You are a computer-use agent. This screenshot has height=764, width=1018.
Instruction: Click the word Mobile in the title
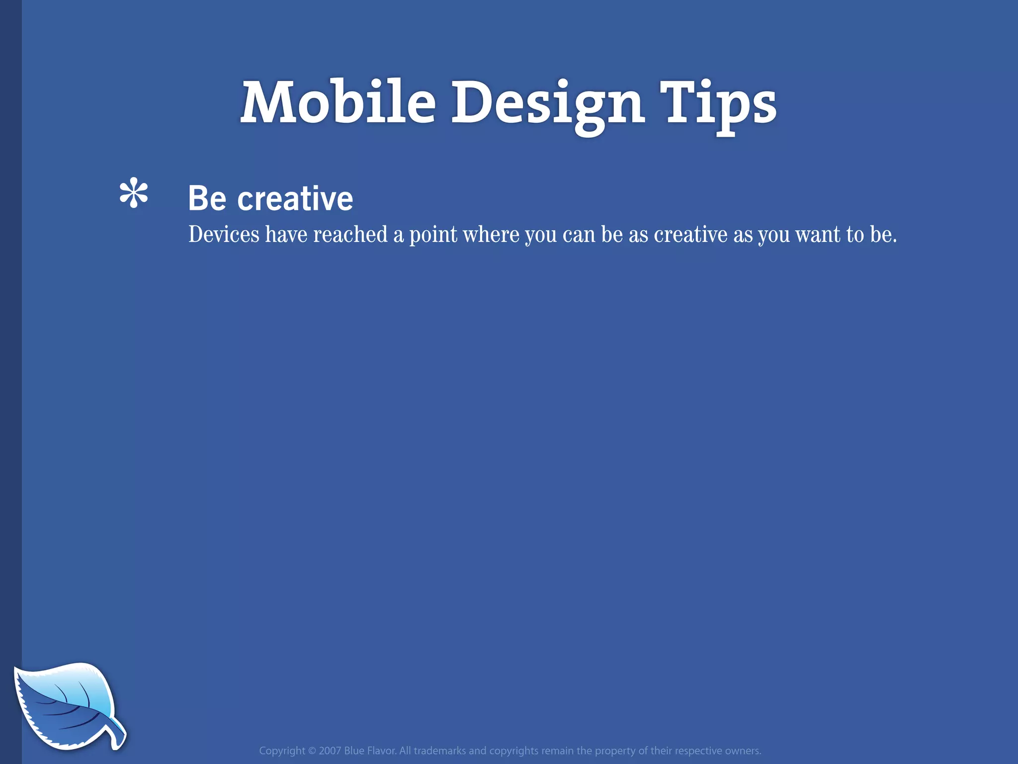(338, 103)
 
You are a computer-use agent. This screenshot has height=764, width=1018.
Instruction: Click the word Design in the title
(548, 104)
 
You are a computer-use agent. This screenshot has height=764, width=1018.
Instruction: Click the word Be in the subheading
(207, 198)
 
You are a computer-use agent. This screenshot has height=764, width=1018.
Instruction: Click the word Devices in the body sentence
(224, 234)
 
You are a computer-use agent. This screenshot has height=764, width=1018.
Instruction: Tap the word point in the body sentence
(433, 235)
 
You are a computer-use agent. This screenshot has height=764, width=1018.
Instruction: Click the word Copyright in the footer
(282, 751)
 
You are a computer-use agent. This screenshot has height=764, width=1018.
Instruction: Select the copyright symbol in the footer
(312, 751)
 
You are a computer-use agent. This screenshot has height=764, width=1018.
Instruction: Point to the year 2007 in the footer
(330, 751)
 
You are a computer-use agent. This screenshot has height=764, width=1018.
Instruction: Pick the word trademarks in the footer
(439, 751)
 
